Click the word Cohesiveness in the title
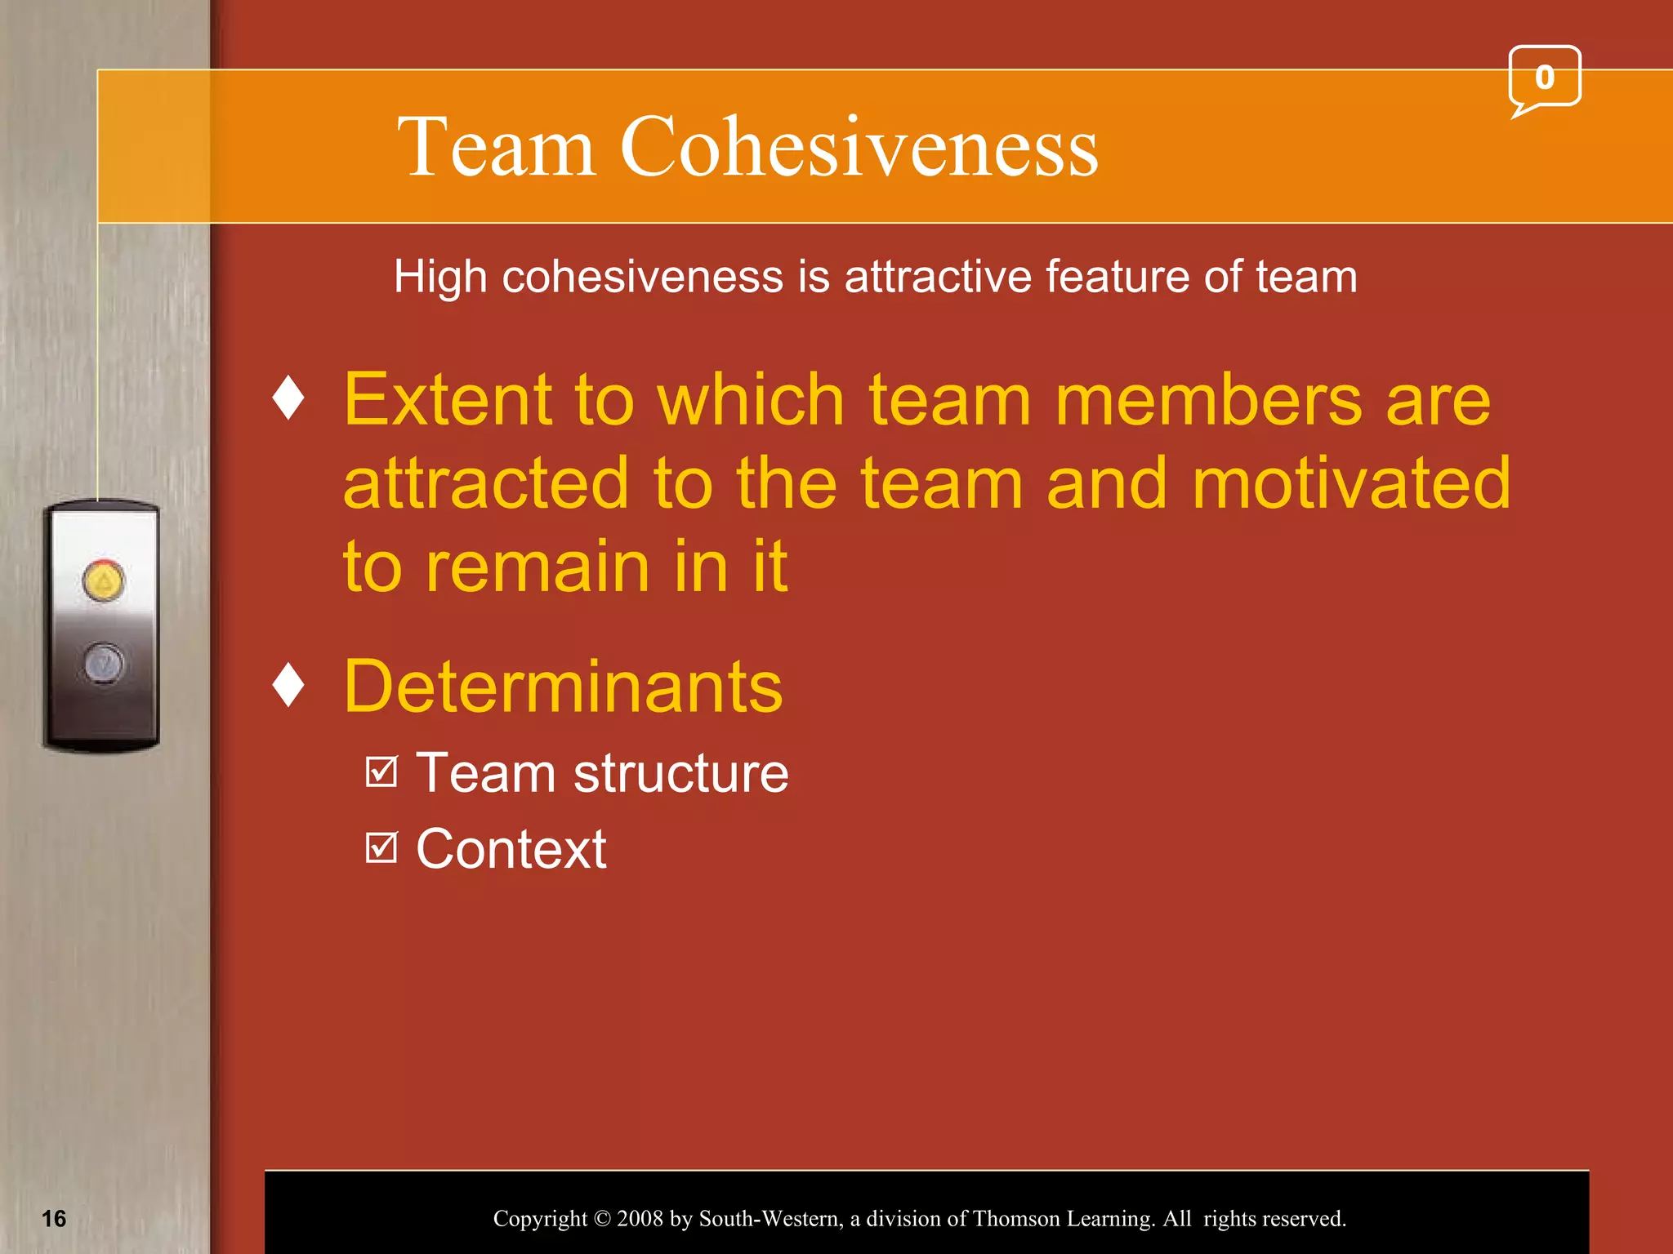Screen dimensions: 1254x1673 859,148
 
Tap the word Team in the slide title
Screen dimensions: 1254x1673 496,148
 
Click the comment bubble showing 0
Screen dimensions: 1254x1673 1544,78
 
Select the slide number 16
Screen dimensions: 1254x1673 54,1219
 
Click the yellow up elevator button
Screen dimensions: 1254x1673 104,581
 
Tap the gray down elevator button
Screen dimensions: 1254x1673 104,662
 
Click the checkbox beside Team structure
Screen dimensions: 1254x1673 381,772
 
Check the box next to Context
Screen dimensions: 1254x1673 381,847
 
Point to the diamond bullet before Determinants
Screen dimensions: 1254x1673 288,685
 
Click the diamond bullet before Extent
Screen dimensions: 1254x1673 288,398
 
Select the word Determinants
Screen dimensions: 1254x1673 563,687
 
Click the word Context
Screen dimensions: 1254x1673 511,849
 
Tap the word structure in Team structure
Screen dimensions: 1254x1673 680,773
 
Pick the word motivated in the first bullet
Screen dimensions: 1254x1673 1351,483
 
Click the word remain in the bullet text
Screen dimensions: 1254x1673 538,567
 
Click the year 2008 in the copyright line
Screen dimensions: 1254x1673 640,1219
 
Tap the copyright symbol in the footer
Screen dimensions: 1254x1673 602,1219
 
